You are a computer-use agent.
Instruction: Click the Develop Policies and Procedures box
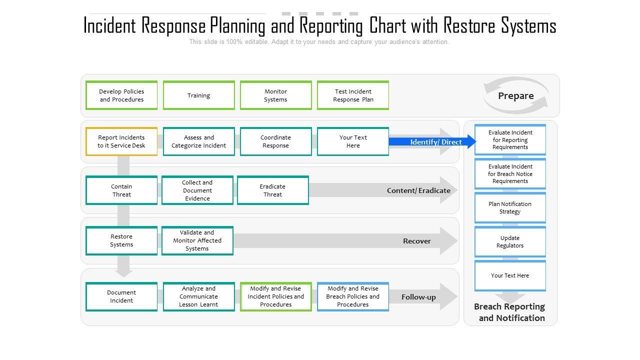[121, 95]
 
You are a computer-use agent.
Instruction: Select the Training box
[198, 95]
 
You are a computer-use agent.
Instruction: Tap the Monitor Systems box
[275, 95]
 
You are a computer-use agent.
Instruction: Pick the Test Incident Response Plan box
[353, 95]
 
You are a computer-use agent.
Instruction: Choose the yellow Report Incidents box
[121, 141]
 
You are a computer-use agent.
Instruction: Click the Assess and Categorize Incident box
[198, 141]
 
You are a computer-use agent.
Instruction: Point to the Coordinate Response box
[275, 141]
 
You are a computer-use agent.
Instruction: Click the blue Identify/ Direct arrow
[432, 142]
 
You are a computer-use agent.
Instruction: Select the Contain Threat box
[121, 190]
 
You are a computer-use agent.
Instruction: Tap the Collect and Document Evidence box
[197, 190]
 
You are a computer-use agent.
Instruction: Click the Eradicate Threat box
[273, 190]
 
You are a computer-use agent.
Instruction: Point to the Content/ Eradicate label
[418, 190]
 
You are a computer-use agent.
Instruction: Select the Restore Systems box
[121, 240]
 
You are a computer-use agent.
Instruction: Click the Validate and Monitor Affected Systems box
[197, 240]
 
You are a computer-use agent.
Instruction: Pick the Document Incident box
[121, 296]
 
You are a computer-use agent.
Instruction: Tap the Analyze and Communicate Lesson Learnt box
[198, 296]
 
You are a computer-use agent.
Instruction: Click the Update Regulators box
[510, 242]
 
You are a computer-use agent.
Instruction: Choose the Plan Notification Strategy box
[510, 208]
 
